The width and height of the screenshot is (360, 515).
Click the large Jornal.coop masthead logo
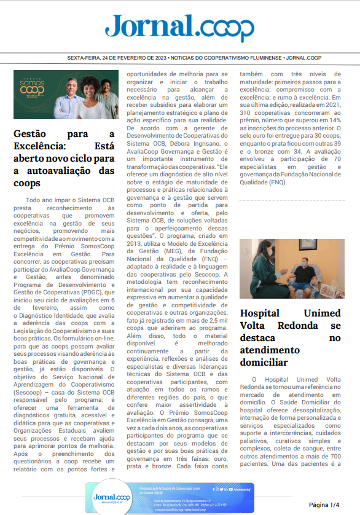tap(179, 27)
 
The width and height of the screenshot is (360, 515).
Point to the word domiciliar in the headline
tap(264, 362)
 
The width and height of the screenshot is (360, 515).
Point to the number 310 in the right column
tap(249, 113)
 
